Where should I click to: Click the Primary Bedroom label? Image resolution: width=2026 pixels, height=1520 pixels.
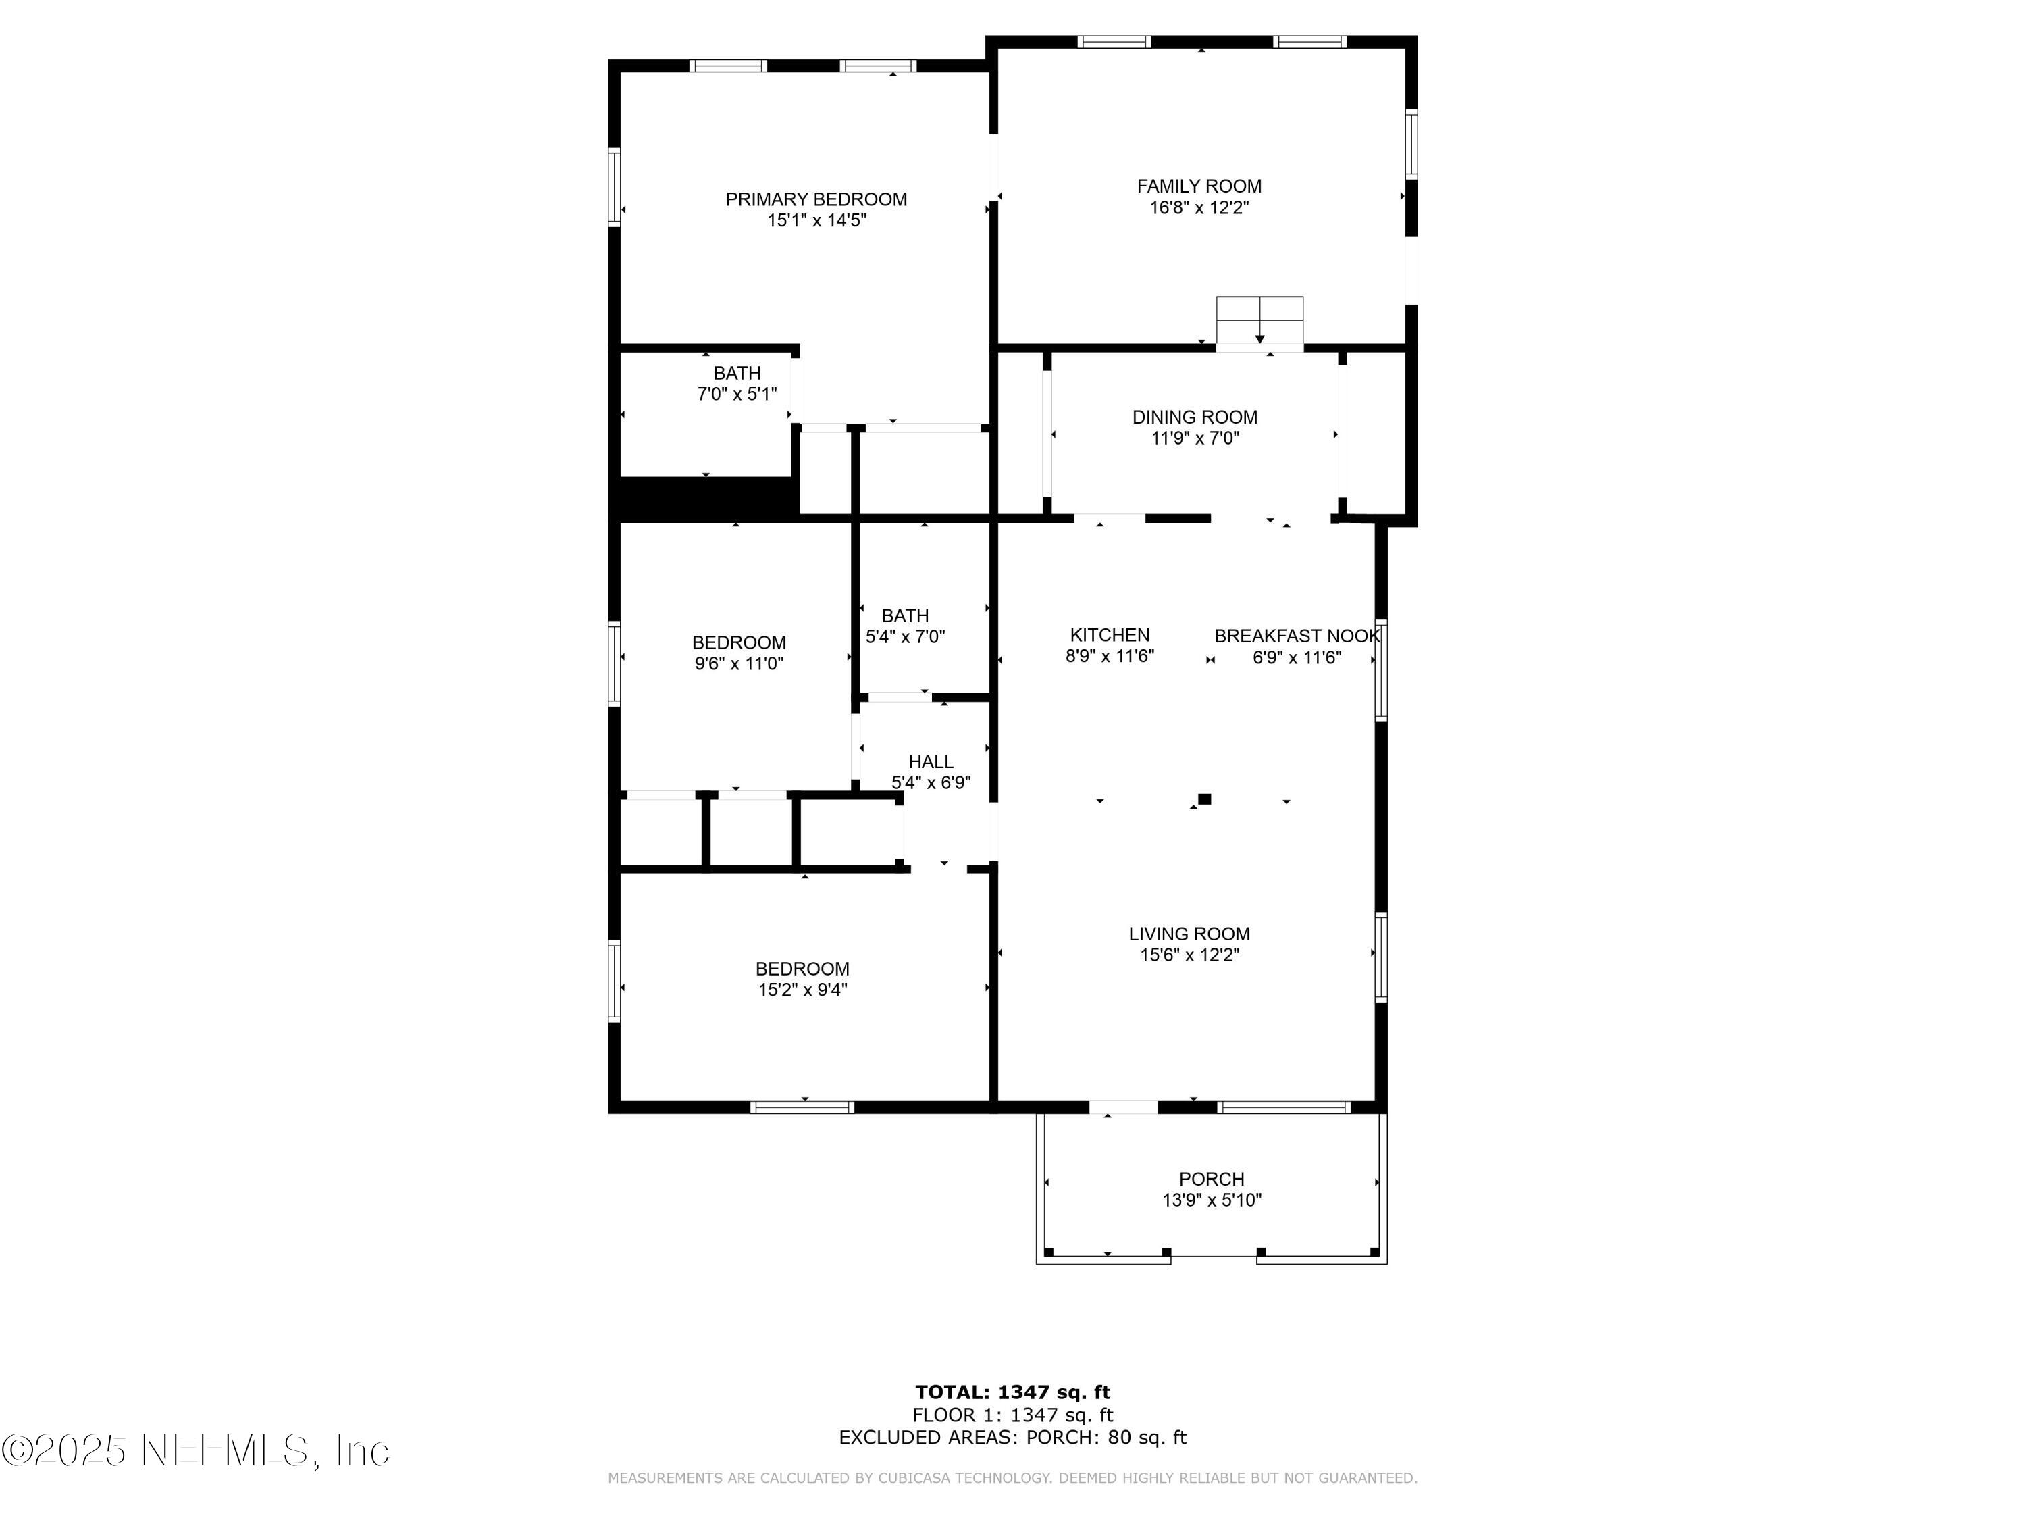tap(815, 199)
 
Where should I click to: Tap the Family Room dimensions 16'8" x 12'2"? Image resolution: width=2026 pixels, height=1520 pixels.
tap(1199, 208)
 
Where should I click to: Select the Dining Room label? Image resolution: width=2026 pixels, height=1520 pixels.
tap(1195, 417)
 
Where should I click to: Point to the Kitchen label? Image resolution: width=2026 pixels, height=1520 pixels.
tap(1109, 635)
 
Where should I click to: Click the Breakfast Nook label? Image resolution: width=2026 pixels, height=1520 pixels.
tap(1296, 636)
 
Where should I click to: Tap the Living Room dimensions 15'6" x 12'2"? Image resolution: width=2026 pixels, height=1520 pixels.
tap(1189, 955)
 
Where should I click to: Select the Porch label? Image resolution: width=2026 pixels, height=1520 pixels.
tap(1211, 1179)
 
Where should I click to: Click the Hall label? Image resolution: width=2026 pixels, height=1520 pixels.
tap(931, 761)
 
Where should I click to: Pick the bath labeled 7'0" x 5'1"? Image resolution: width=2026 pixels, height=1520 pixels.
tap(736, 383)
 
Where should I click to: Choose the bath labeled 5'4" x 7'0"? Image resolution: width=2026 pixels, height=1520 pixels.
tap(905, 626)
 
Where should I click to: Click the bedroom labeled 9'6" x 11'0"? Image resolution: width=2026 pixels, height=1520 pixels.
tap(738, 653)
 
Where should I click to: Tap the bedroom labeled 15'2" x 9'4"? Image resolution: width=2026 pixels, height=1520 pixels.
tap(802, 978)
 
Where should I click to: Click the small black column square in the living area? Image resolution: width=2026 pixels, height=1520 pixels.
tap(1204, 799)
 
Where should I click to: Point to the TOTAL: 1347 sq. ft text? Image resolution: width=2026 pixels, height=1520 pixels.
tap(1012, 1392)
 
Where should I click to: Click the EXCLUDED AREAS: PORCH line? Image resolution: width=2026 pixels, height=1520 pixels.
tap(1012, 1438)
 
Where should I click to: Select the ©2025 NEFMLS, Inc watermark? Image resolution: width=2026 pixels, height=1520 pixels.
tap(195, 1450)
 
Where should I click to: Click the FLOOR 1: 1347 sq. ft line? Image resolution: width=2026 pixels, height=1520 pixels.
tap(1012, 1415)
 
